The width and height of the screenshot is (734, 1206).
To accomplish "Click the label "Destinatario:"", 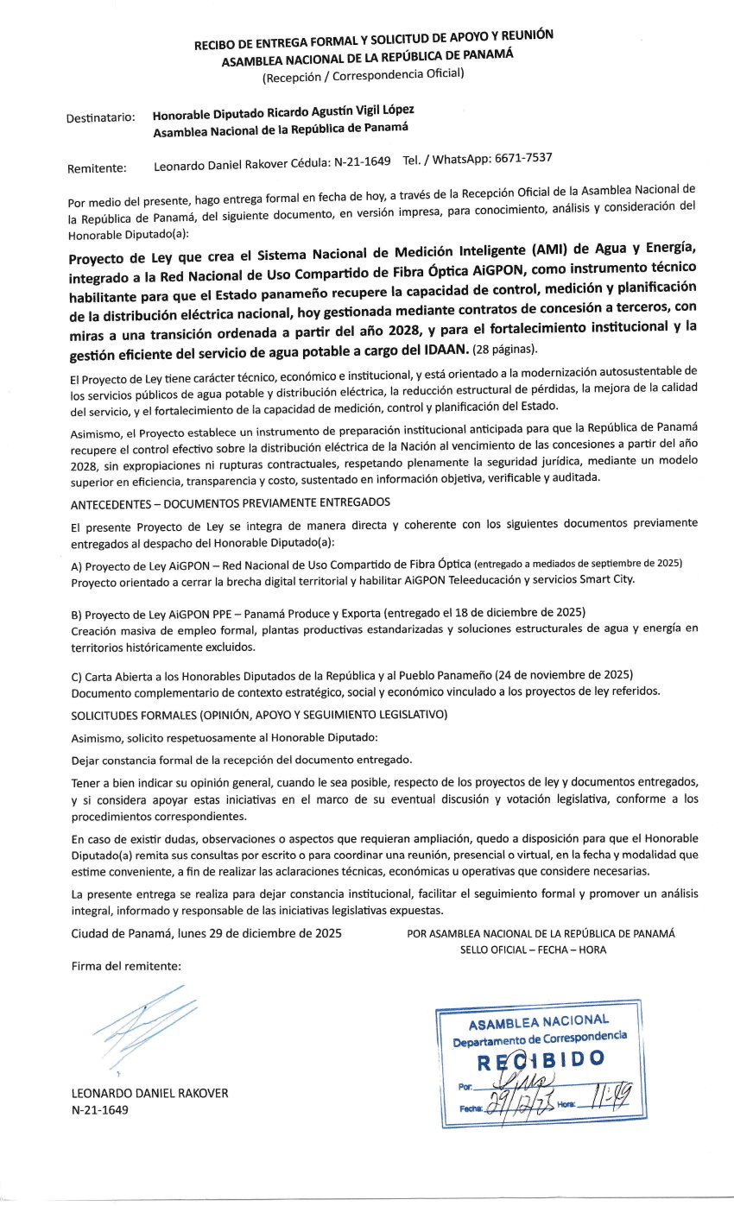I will tap(101, 118).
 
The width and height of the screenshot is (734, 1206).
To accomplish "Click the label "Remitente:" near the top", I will tap(97, 168).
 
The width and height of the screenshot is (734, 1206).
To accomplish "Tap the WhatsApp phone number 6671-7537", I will tap(518, 159).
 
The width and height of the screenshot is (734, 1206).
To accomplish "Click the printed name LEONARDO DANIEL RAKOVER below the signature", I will tap(149, 1093).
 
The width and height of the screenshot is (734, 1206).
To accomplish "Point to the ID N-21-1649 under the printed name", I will tap(99, 1109).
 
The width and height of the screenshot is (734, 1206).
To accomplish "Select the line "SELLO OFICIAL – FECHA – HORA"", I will tap(533, 950).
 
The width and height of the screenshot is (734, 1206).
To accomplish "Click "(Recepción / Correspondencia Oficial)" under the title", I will tap(363, 74).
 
